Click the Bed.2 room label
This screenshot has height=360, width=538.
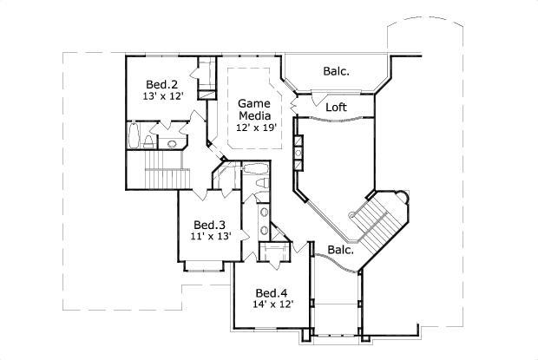click(161, 84)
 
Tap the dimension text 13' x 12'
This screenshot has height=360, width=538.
click(163, 96)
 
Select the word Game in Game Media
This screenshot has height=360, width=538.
click(254, 102)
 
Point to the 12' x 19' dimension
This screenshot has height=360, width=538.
click(255, 128)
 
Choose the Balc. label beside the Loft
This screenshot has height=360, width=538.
click(337, 71)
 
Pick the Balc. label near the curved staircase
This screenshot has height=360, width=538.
click(341, 250)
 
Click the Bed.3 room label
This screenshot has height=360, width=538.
click(209, 223)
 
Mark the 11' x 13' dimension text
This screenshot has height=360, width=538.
click(210, 235)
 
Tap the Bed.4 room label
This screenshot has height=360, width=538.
click(272, 292)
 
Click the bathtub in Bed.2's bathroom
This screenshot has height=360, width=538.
click(133, 136)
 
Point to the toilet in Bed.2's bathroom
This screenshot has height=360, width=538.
click(150, 141)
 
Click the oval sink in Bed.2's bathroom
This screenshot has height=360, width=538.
click(171, 143)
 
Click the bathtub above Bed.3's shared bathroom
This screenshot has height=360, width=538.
click(254, 169)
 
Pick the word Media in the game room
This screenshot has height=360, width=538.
click(255, 115)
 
